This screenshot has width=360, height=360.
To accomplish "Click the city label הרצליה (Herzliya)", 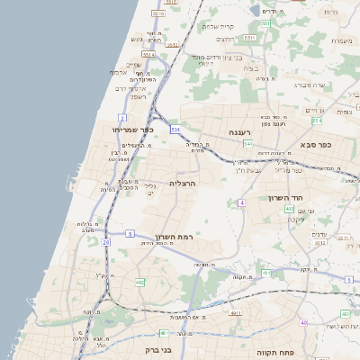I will click(x=183, y=183).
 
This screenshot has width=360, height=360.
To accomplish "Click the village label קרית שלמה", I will click(x=219, y=26).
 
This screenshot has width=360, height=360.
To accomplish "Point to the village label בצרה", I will click(x=255, y=68).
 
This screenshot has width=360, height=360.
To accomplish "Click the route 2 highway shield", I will click(x=122, y=118).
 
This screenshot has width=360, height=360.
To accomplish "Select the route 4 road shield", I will click(x=241, y=202).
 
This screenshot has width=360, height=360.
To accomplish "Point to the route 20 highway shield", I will click(x=105, y=242).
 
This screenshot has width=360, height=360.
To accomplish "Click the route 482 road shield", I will click(x=139, y=283).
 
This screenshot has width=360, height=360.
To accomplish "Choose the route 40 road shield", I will click(x=304, y=322).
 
